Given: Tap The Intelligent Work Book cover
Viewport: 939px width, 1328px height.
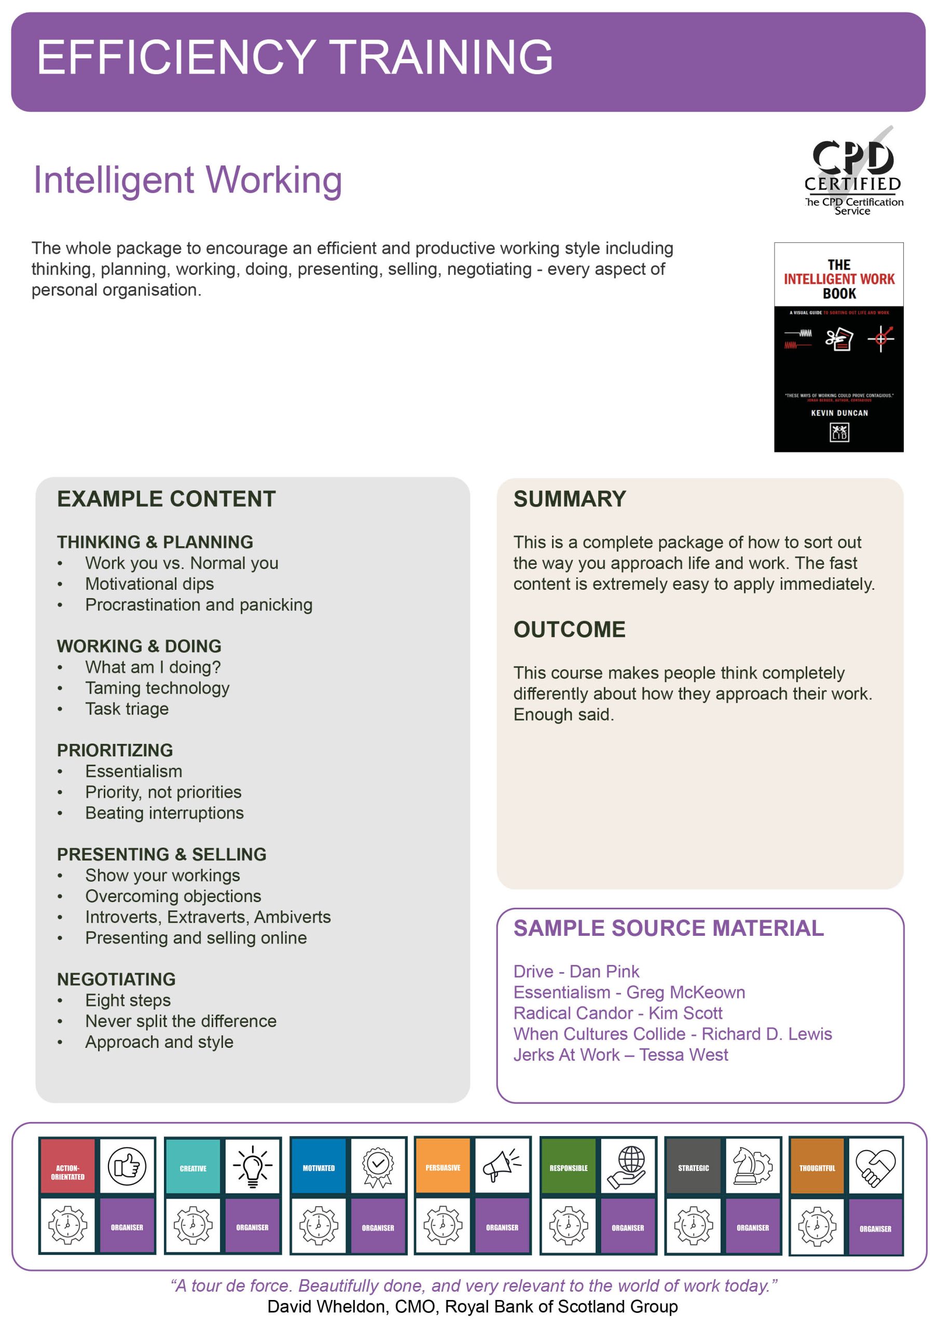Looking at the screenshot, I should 838,347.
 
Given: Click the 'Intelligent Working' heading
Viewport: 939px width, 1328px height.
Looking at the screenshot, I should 187,180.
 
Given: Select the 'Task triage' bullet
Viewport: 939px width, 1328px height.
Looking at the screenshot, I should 127,709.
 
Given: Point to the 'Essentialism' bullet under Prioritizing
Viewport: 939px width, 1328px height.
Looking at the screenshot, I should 134,771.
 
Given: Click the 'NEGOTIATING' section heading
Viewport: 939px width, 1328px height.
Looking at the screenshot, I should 116,979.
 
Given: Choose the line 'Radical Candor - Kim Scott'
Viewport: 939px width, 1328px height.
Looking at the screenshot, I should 617,1013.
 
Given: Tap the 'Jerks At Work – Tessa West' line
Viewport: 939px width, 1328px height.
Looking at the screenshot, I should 620,1055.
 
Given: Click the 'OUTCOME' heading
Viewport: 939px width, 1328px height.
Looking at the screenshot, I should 569,629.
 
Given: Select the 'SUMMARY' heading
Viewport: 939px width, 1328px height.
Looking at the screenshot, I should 569,499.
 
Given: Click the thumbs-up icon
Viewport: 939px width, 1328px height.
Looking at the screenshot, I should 127,1166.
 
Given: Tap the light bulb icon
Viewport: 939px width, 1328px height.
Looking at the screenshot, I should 252,1166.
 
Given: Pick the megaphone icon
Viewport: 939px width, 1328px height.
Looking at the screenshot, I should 502,1166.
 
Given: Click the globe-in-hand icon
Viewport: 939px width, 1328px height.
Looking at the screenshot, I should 628,1166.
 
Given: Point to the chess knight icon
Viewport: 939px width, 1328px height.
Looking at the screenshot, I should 752,1166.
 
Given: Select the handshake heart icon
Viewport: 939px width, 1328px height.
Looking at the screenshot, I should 875,1166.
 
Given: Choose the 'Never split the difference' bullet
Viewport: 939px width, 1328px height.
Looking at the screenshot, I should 181,1021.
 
